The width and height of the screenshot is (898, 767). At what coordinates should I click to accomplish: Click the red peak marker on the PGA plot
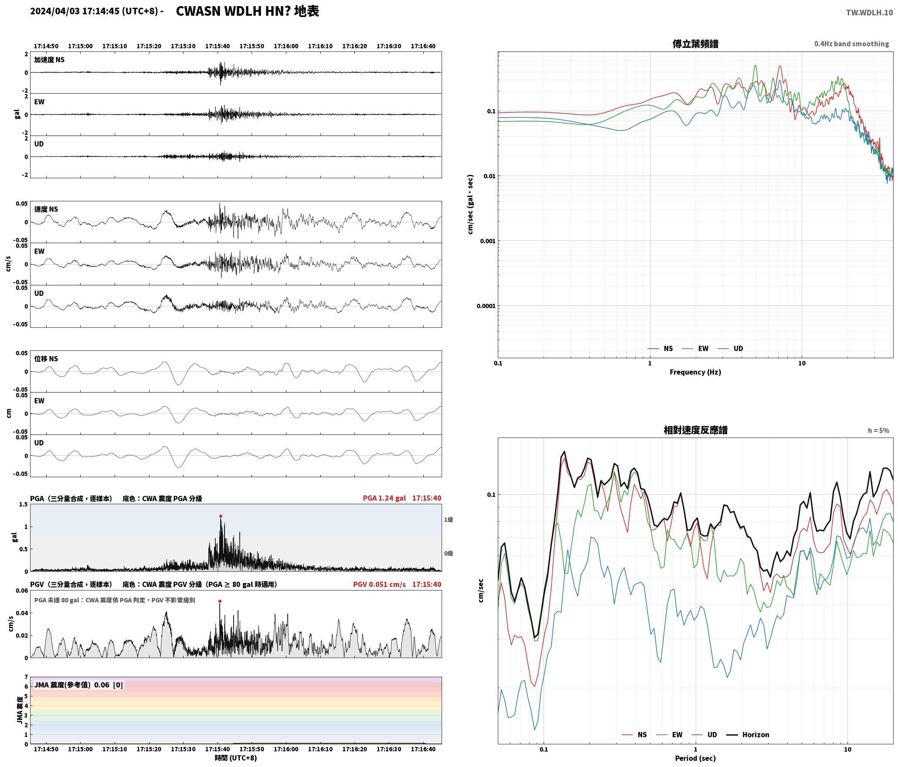221,516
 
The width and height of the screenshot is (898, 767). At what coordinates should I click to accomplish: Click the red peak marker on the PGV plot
220,601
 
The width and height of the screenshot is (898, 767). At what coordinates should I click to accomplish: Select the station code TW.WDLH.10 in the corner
869,13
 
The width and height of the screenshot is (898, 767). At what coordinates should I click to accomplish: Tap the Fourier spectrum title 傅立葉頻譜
695,44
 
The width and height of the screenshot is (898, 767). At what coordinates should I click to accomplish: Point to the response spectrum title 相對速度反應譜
695,430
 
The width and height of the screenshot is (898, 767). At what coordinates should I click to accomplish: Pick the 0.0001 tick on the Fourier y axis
486,306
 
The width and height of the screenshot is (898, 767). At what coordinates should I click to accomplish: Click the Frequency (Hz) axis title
695,372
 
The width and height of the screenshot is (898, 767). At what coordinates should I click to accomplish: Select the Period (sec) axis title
695,758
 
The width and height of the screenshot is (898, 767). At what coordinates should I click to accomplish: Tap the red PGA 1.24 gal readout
384,498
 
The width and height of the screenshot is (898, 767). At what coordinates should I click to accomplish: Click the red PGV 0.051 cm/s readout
379,584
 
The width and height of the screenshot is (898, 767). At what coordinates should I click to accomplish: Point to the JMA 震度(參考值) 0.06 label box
78,685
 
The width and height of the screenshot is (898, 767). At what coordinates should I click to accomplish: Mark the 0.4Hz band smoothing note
851,44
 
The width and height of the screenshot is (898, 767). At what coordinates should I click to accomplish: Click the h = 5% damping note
878,431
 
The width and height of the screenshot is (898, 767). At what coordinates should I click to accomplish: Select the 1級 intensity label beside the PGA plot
449,519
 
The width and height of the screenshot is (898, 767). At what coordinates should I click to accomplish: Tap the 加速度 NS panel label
49,60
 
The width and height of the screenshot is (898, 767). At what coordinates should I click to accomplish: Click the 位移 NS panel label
46,359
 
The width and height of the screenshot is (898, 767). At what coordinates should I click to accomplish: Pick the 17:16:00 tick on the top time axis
286,46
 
